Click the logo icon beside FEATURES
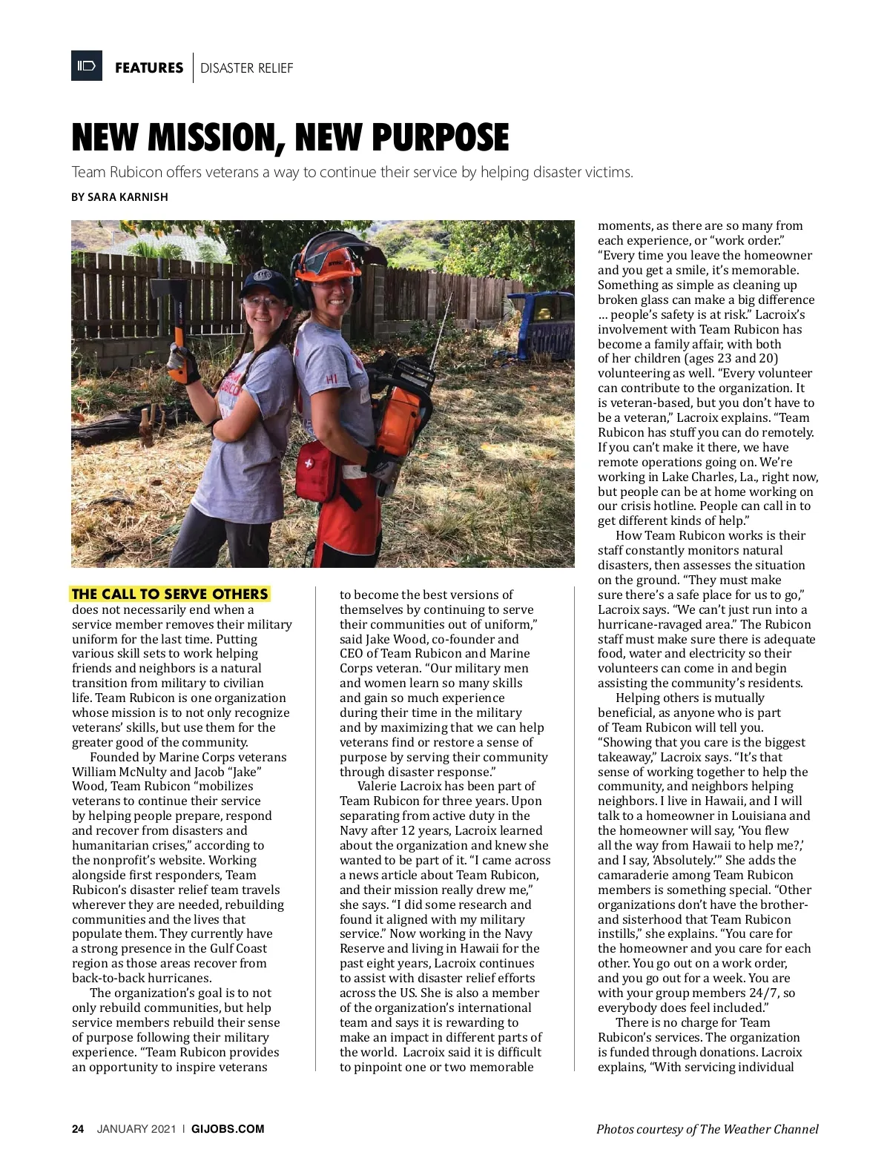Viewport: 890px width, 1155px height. coord(87,67)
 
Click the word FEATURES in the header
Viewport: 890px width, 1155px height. coord(149,68)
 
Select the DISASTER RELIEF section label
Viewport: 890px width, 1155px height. coord(246,68)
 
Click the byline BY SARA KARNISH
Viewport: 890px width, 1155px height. coord(119,197)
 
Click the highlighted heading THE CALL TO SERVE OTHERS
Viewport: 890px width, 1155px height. coord(170,594)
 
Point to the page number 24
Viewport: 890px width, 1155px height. coord(78,1129)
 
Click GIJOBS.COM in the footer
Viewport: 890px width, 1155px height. coord(228,1129)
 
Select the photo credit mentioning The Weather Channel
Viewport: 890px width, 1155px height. coord(707,1129)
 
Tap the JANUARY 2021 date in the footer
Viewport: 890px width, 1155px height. coord(136,1129)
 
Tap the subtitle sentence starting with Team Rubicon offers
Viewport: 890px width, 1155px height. coord(352,173)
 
